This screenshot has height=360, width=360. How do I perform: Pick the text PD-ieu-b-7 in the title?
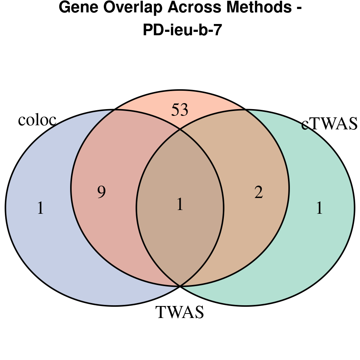pos(180,30)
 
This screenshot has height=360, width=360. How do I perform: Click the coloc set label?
pos(37,120)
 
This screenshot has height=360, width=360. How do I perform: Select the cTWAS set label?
pos(330,124)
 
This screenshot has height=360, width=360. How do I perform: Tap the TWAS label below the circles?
pos(180,312)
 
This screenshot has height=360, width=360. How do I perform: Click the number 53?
pos(180,110)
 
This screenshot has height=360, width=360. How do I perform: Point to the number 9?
pos(101,192)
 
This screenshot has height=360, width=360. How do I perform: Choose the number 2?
pos(258,193)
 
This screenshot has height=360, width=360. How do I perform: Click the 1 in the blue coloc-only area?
pos(40,208)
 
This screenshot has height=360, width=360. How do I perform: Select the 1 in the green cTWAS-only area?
pos(319,208)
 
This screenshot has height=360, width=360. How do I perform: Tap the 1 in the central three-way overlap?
pos(180,205)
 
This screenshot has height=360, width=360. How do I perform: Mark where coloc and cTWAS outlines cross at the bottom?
pos(180,286)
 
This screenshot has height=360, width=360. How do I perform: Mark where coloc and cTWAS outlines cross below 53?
pos(180,130)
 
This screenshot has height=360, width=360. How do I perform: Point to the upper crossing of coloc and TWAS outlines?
pos(114,110)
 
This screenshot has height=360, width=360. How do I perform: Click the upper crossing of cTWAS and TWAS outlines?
pos(246,110)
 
